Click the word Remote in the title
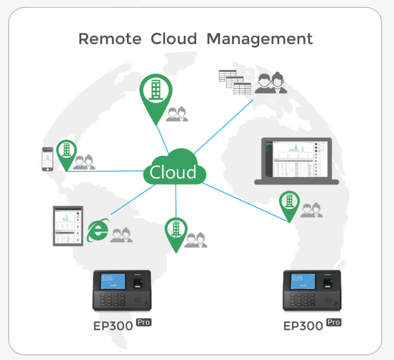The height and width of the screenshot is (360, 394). (x=106, y=39)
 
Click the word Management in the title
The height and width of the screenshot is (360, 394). (x=260, y=39)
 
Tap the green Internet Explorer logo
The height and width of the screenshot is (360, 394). (x=98, y=230)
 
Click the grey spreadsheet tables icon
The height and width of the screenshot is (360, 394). (x=234, y=82)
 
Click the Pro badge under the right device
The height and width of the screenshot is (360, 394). (x=334, y=322)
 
